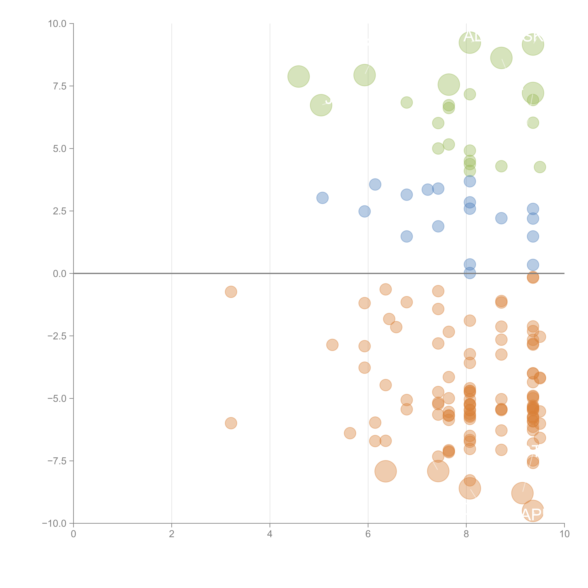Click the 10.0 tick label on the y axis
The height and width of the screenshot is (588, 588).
pyautogui.click(x=57, y=24)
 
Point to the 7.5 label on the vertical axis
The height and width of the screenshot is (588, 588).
pyautogui.click(x=60, y=86)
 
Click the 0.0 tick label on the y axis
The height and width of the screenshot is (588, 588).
pyautogui.click(x=60, y=274)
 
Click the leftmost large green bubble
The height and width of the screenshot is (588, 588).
pyautogui.click(x=299, y=76)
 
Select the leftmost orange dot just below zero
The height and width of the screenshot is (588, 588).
pyautogui.click(x=231, y=292)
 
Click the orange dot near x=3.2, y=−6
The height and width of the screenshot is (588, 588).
pyautogui.click(x=231, y=423)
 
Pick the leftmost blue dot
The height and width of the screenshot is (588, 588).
pyautogui.click(x=322, y=198)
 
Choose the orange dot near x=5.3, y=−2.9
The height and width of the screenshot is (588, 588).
pyautogui.click(x=332, y=345)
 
